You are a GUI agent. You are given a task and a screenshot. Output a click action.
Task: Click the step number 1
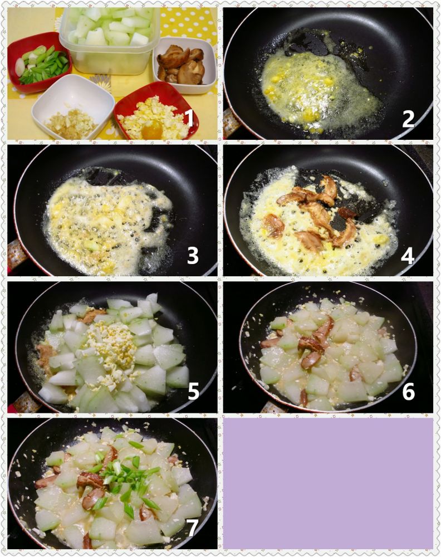click(190, 118)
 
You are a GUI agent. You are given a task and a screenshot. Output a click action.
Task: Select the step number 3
click(193, 256)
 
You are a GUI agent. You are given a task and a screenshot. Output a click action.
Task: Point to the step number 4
click(408, 256)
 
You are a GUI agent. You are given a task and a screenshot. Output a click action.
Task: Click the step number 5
click(193, 392)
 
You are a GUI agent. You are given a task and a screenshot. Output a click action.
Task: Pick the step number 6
click(408, 392)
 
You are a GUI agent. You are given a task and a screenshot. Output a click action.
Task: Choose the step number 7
click(193, 528)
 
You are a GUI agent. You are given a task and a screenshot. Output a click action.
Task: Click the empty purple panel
click(328, 483)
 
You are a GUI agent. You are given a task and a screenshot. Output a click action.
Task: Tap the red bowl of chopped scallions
click(39, 62)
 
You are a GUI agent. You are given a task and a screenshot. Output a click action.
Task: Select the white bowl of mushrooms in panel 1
click(185, 65)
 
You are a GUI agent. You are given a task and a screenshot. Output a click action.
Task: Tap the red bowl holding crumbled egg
click(156, 111)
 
